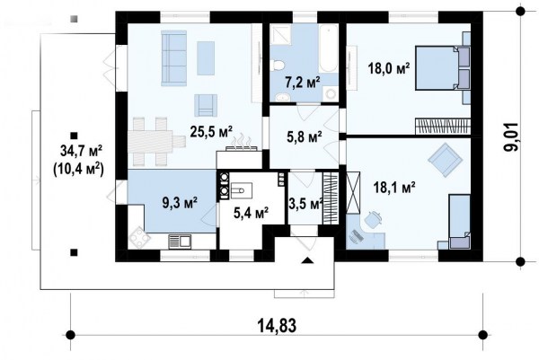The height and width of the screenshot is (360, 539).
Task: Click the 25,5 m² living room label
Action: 211,132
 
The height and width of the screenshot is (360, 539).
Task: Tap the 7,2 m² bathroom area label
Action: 303,83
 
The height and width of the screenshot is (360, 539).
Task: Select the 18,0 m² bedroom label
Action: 389,67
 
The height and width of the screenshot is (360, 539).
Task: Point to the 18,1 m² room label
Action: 394,188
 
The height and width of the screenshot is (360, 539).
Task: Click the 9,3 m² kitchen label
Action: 180,203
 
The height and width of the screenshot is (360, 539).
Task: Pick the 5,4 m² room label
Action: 251,213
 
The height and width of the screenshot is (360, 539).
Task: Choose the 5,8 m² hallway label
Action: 305,137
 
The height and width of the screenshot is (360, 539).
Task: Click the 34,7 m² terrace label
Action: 81,151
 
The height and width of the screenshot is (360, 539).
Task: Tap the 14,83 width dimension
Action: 277,325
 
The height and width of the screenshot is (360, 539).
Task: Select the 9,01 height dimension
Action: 511,136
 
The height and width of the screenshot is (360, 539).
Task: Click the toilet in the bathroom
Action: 278,65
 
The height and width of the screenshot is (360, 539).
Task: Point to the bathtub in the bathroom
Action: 328,48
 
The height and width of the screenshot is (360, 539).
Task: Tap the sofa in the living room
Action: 173,58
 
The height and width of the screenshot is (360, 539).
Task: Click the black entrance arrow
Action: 307,260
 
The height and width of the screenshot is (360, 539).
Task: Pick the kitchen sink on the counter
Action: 180,241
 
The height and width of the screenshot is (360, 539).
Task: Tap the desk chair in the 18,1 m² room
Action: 372,219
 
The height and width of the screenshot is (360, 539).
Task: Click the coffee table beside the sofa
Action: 206,58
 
